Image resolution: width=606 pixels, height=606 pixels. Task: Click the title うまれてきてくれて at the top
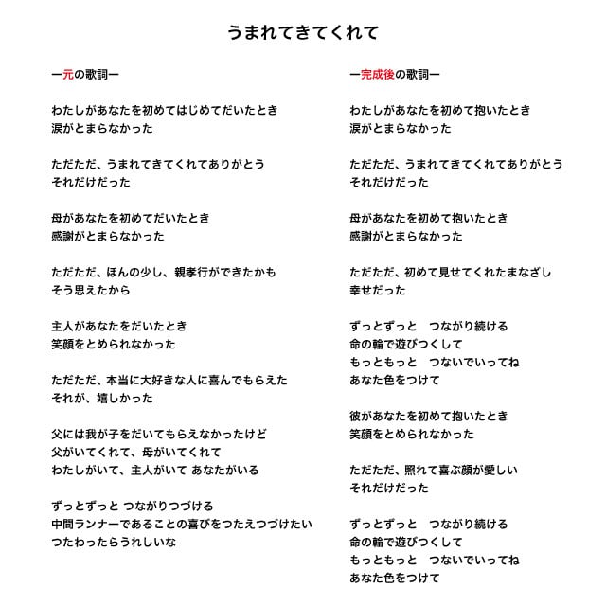(x=303, y=32)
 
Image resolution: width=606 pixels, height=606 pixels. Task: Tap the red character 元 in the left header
(x=68, y=74)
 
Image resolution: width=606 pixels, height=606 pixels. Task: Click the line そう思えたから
(x=91, y=290)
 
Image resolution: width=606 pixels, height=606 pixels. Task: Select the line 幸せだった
(x=377, y=290)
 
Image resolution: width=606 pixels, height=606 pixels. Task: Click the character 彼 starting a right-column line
(x=355, y=416)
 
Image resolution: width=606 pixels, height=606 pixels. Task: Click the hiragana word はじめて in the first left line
(x=185, y=110)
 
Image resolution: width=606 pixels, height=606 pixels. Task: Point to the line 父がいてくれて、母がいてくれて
(x=137, y=452)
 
